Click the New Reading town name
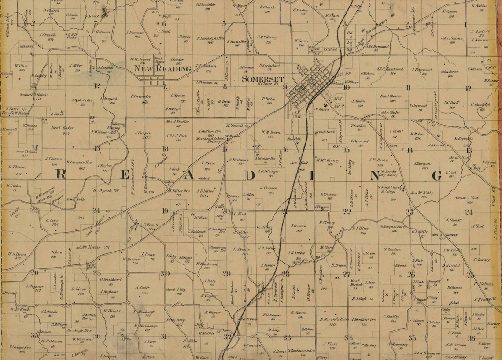click(x=162, y=69)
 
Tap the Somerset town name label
click(x=262, y=79)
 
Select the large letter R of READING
click(x=61, y=175)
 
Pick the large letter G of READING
click(x=436, y=176)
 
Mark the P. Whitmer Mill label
click(x=103, y=132)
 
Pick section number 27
click(x=347, y=274)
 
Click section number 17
click(x=225, y=149)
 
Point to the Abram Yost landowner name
click(x=466, y=198)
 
